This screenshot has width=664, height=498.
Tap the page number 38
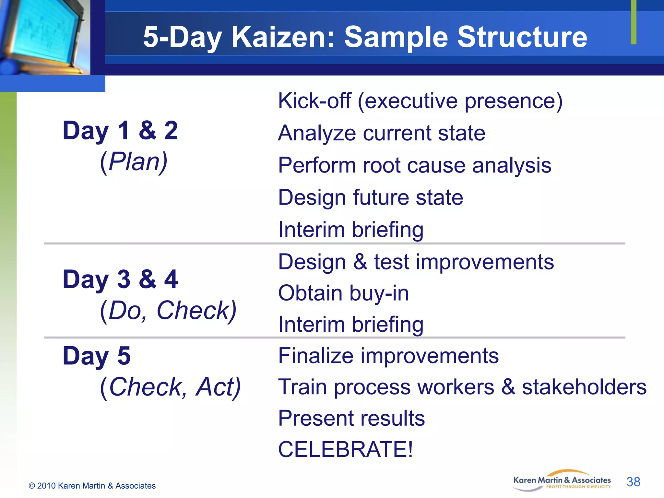pyautogui.click(x=633, y=482)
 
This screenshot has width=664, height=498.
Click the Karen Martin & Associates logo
pyautogui.click(x=562, y=481)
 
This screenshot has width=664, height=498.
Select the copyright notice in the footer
pyautogui.click(x=92, y=486)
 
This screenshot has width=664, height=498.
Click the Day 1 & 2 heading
pyautogui.click(x=120, y=130)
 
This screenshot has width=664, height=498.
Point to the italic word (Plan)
pyautogui.click(x=134, y=161)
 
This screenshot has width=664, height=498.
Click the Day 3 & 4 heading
pyautogui.click(x=120, y=279)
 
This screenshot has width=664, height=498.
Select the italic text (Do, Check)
pyautogui.click(x=168, y=311)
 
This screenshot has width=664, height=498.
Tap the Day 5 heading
pyautogui.click(x=97, y=356)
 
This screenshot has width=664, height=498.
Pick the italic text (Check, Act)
pyautogui.click(x=170, y=387)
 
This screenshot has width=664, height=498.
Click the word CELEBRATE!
pyautogui.click(x=345, y=449)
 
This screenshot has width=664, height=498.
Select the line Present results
pyautogui.click(x=351, y=418)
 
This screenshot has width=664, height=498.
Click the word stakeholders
pyautogui.click(x=584, y=387)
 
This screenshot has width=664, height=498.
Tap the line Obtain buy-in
pyautogui.click(x=343, y=293)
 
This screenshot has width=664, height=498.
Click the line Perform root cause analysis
pyautogui.click(x=414, y=166)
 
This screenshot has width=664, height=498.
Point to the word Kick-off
pyautogui.click(x=314, y=101)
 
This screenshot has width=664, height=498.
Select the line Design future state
pyautogui.click(x=370, y=197)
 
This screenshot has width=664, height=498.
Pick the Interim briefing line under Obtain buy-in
pyautogui.click(x=350, y=324)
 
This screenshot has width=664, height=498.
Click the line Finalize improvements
pyautogui.click(x=388, y=356)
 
